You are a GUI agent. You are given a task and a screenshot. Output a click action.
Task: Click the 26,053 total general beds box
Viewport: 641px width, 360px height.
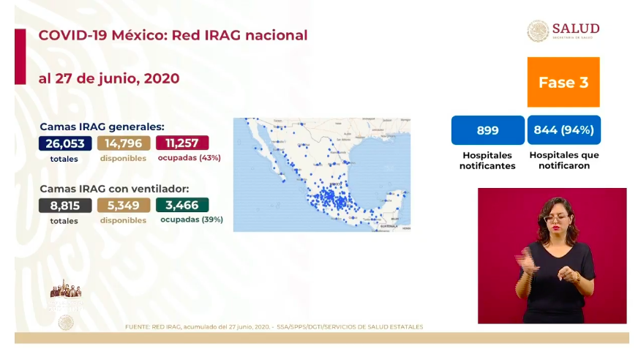(x=65, y=143)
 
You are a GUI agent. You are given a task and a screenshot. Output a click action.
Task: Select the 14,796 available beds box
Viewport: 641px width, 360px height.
(x=124, y=143)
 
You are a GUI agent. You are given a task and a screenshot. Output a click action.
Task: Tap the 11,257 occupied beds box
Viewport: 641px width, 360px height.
(x=182, y=143)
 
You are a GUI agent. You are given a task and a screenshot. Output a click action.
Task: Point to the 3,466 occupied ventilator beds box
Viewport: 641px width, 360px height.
(x=182, y=205)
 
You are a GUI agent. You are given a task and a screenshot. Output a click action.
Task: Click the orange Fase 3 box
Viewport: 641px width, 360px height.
(x=563, y=83)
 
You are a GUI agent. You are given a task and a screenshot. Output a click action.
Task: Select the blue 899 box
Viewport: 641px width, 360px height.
(x=487, y=130)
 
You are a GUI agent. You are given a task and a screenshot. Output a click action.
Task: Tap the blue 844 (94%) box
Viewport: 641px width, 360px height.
(x=563, y=130)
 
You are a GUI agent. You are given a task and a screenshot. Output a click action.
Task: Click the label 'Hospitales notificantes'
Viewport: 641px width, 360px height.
(x=487, y=160)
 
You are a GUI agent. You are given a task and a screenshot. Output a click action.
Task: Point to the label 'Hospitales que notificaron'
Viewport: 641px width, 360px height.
(x=563, y=160)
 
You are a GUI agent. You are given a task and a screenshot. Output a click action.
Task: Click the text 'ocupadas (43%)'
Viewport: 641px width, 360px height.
(x=190, y=157)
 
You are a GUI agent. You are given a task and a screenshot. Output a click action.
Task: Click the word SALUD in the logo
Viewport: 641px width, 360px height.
(x=576, y=28)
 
